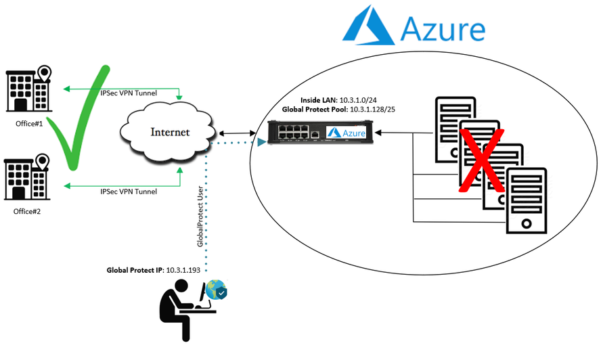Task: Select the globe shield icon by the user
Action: tap(216, 290)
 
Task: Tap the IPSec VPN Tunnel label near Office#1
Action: tap(129, 93)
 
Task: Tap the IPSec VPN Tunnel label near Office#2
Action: tap(129, 192)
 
